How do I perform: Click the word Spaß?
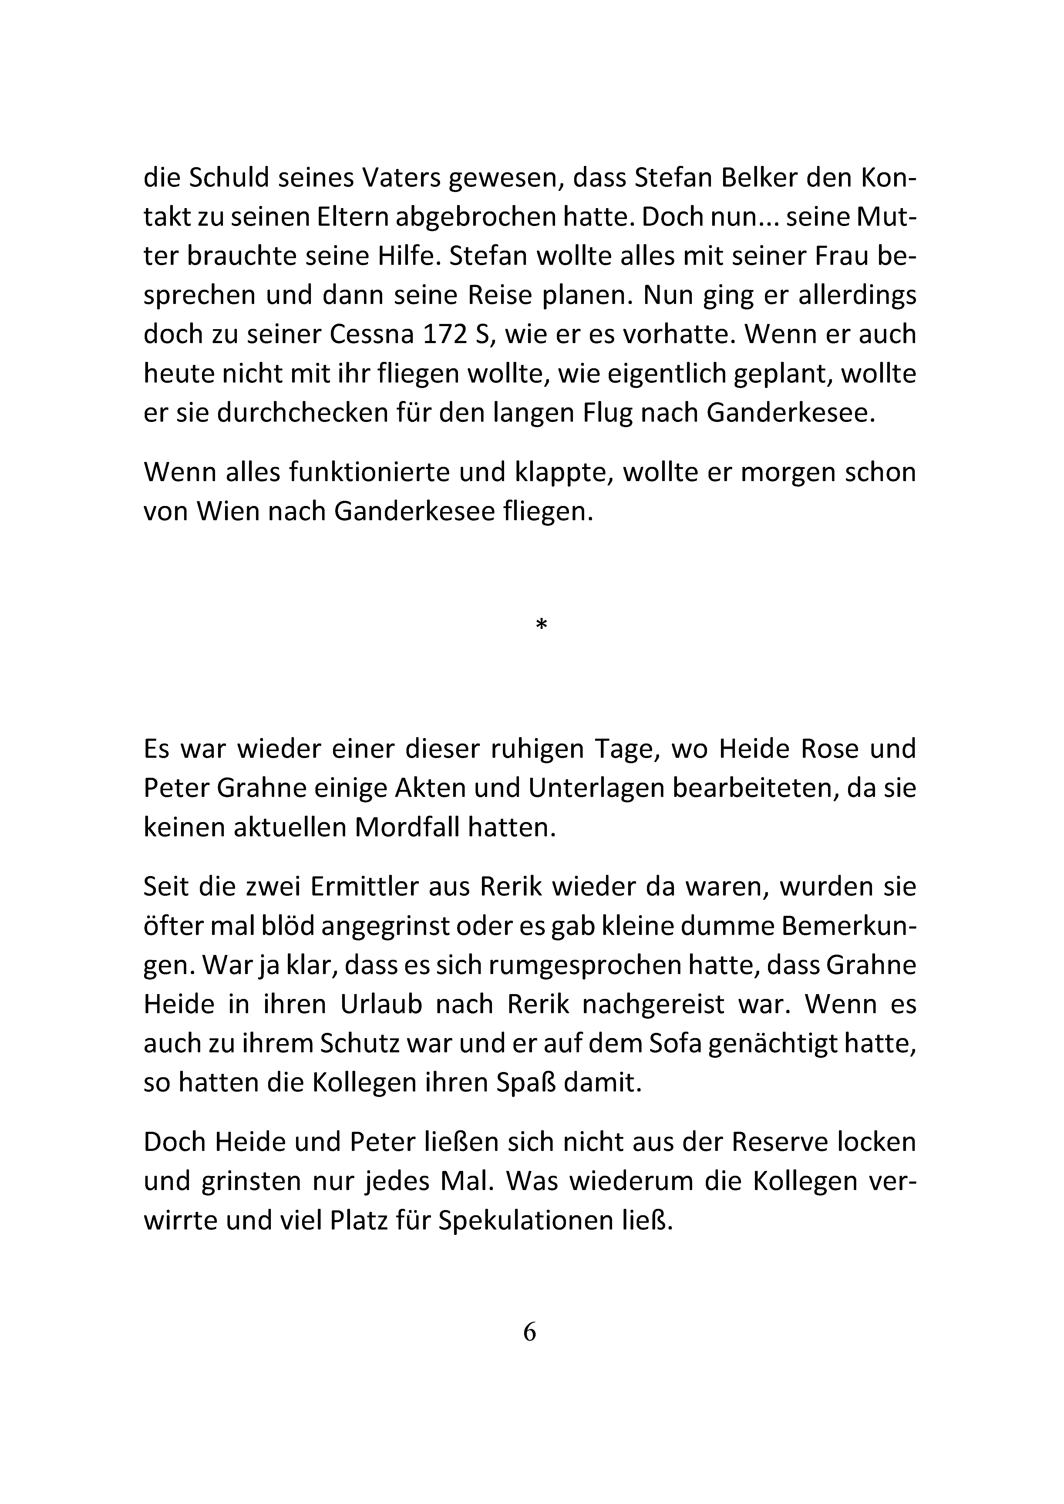527,1083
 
